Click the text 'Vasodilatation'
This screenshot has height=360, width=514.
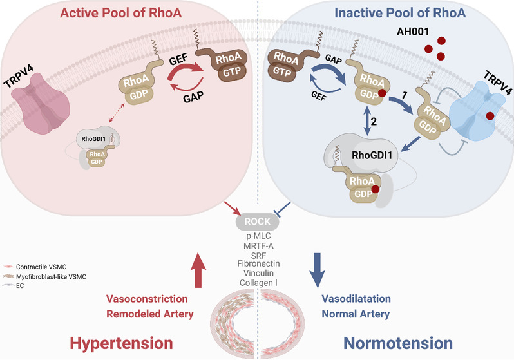(x=355, y=299)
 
